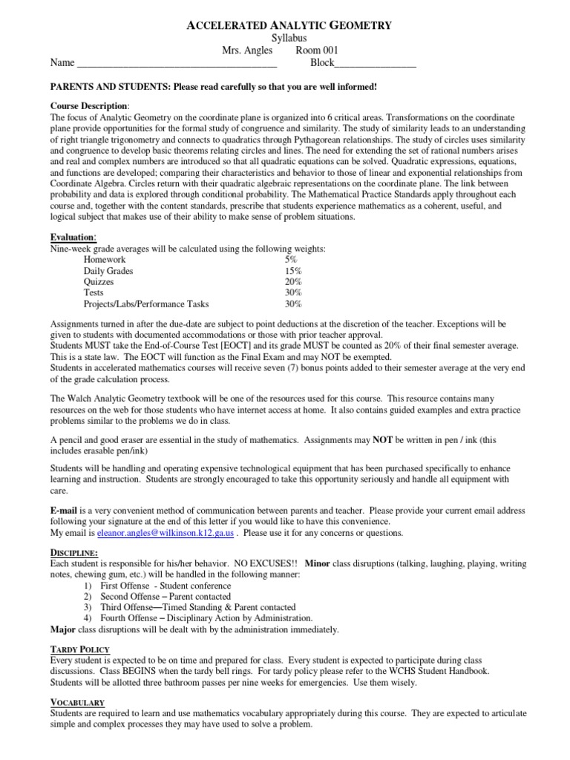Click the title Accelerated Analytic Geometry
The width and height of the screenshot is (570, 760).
coord(287,25)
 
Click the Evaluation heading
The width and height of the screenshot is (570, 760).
coord(73,237)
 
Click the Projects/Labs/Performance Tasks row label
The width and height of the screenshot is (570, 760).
coord(146,304)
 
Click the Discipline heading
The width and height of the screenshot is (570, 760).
coord(74,553)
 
